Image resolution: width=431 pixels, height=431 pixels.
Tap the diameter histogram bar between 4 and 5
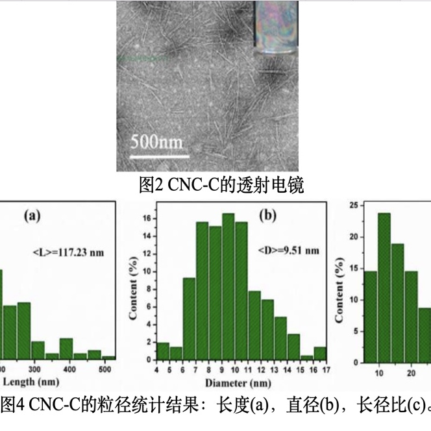click(163, 351)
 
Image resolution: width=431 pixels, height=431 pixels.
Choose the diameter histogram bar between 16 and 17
click(319, 352)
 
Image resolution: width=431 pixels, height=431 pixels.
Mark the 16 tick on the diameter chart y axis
click(150, 219)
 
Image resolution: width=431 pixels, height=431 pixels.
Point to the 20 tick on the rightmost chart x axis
click(412, 372)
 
